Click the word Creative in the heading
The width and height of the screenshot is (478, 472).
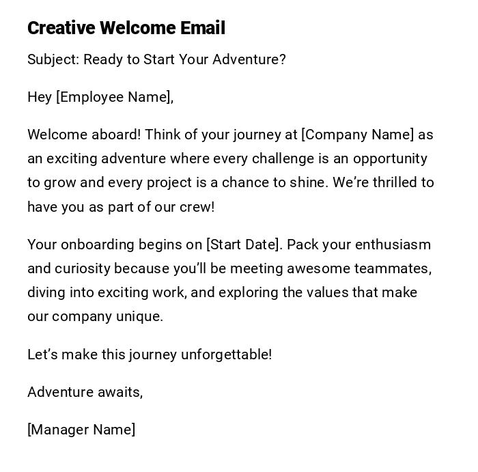[x=61, y=28]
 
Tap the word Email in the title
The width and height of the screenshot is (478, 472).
[x=202, y=28]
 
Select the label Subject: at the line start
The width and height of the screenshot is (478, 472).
[x=53, y=59]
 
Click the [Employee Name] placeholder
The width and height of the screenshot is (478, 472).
[x=114, y=97]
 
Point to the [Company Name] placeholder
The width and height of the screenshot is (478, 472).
[x=358, y=135]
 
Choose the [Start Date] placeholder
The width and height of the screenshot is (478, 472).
[x=243, y=245]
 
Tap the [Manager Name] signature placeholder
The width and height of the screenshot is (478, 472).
[x=81, y=430]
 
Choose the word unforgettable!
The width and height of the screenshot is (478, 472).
[x=226, y=355]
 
